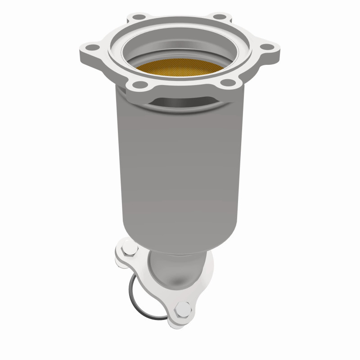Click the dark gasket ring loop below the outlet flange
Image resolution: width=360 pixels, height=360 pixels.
click(131, 292)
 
